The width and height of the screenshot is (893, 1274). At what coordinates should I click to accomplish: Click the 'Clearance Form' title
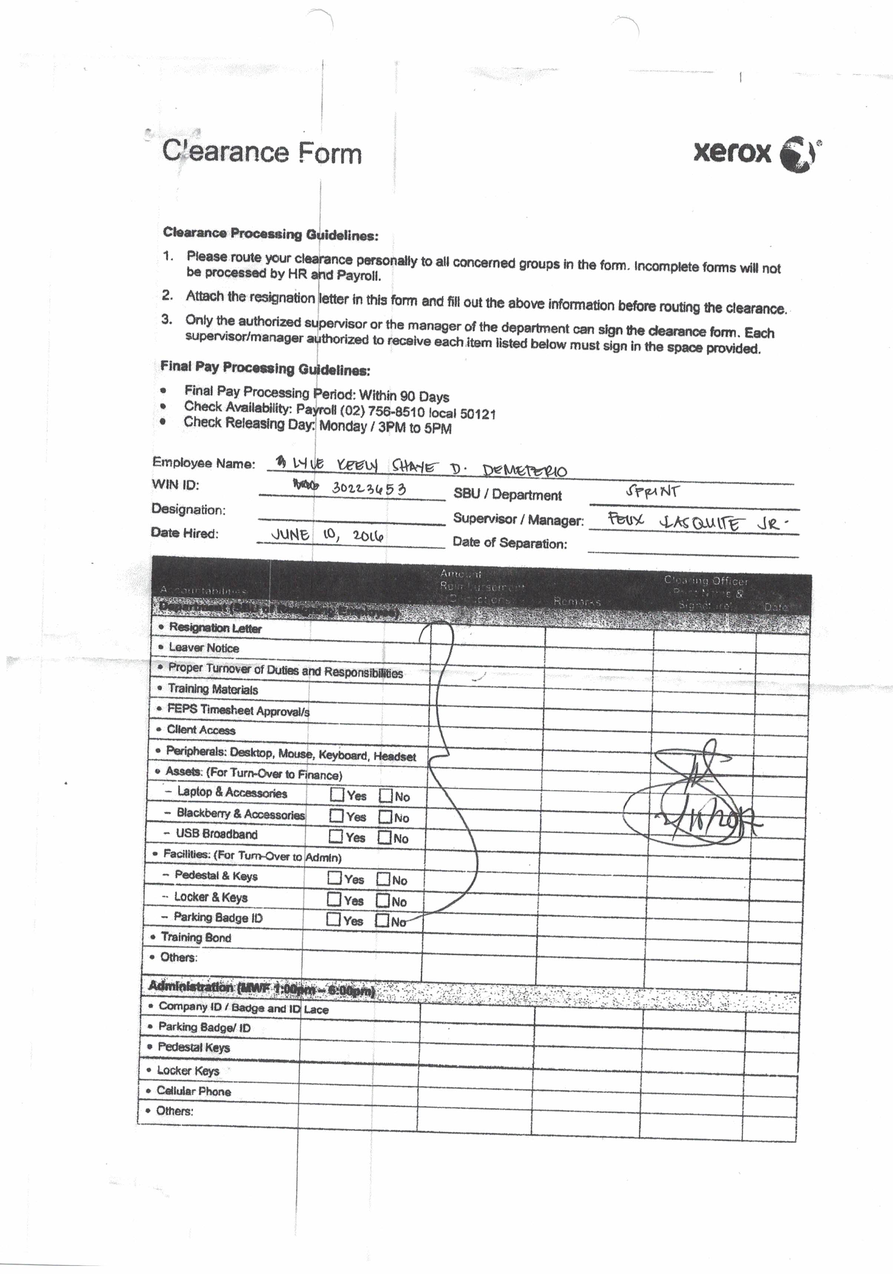point(262,152)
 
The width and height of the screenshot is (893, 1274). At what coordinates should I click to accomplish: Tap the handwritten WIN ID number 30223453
point(369,488)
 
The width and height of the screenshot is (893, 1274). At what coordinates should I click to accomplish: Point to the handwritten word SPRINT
point(652,491)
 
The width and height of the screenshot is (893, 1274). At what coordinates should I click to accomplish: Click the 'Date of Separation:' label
point(509,543)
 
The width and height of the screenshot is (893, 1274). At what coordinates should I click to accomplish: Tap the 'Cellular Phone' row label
point(193,1091)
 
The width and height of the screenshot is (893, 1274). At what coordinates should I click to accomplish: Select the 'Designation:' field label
point(189,509)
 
